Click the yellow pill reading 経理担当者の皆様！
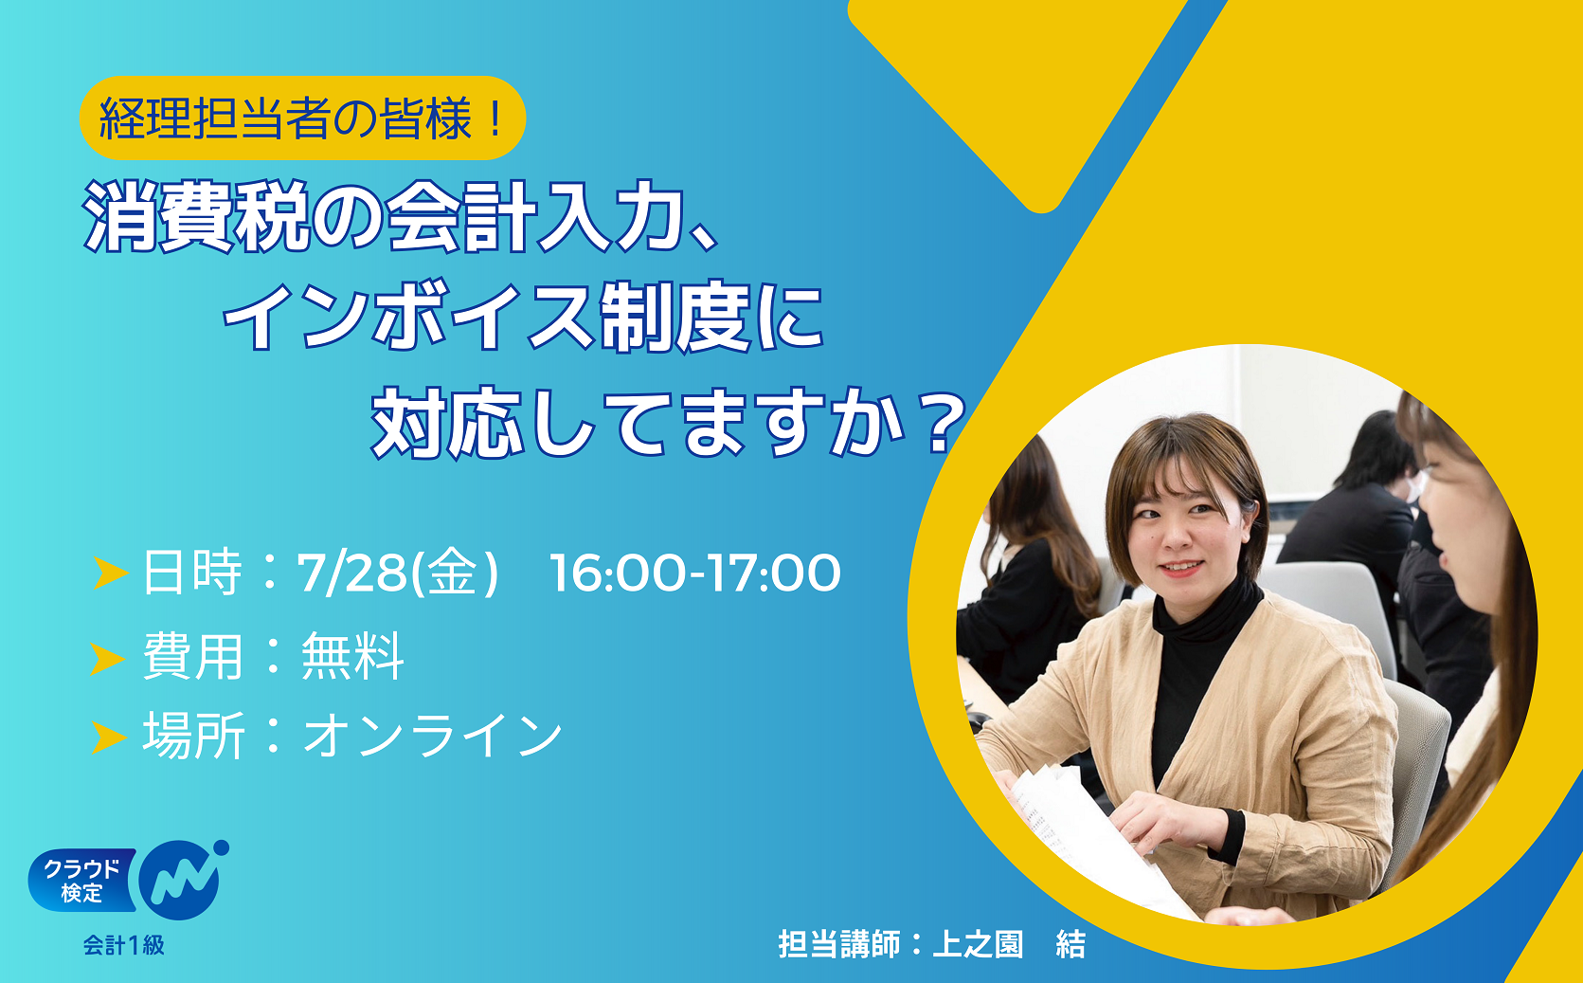click(x=302, y=118)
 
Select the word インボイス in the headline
click(x=407, y=318)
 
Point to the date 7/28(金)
click(x=398, y=573)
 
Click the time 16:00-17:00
click(x=694, y=573)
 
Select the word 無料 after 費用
click(x=352, y=656)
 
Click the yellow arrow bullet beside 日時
click(x=110, y=573)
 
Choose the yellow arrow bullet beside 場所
click(x=109, y=737)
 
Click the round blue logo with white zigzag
click(x=180, y=879)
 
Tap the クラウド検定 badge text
click(x=81, y=881)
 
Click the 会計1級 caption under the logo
click(x=124, y=945)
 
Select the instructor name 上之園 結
click(x=1009, y=944)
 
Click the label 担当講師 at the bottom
click(x=838, y=944)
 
